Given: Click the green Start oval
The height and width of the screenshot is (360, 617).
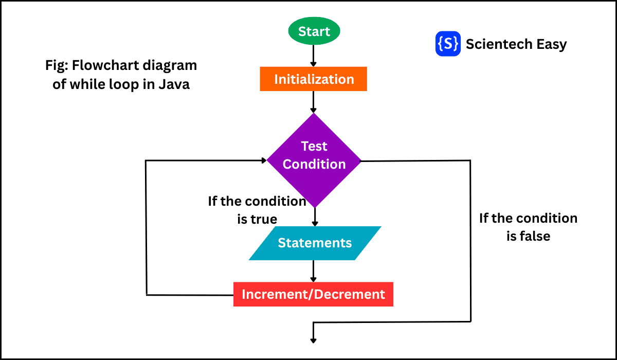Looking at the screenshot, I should point(314,31).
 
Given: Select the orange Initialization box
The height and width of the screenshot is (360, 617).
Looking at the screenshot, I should point(314,79).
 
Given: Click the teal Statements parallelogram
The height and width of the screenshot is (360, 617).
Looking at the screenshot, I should point(315,243).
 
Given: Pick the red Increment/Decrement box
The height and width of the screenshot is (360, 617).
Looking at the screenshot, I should point(313,294).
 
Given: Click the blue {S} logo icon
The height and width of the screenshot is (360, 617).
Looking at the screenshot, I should point(447,44).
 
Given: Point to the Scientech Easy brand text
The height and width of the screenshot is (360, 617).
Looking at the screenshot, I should point(516,44).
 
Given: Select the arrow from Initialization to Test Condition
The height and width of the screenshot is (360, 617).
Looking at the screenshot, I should point(314,102).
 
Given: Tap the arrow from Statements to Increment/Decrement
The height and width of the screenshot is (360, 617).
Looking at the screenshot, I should point(314,271).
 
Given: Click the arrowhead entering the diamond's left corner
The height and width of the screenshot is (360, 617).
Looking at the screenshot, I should point(263,160).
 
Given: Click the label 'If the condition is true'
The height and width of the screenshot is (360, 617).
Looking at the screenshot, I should point(257,210).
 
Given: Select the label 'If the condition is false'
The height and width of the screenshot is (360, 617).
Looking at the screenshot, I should point(528,227).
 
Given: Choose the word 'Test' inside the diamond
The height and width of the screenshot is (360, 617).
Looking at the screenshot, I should point(314,146).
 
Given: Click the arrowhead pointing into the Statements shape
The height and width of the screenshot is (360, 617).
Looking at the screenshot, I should point(315,223).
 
